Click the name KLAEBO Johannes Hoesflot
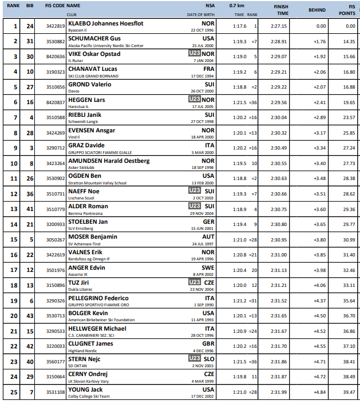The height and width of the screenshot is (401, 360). coord(105,24)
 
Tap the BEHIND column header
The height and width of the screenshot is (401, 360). coord(317,9)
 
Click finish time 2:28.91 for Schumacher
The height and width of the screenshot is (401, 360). coord(280,42)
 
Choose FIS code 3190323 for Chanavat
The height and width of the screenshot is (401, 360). coord(55,72)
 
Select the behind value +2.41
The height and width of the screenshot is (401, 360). coord(318,102)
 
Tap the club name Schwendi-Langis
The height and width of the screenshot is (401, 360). coord(84,121)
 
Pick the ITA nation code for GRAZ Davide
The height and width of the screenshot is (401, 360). coord(209,145)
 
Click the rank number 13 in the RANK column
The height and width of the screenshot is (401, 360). coord(14,209)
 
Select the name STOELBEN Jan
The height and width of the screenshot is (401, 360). coord(88,221)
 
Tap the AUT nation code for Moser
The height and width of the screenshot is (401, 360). coord(208,237)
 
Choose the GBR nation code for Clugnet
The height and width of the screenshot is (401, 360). coord(208,343)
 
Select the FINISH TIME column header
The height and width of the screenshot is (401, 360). coord(281,9)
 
